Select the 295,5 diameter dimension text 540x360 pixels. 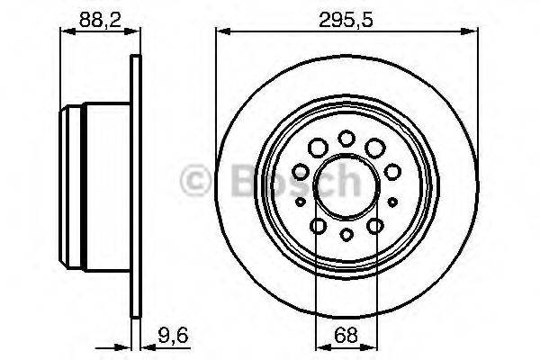point(346,15)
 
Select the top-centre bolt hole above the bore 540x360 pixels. point(346,138)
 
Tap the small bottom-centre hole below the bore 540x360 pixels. point(346,236)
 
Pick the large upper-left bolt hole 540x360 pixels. point(316,147)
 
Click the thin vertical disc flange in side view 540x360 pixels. point(136,184)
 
